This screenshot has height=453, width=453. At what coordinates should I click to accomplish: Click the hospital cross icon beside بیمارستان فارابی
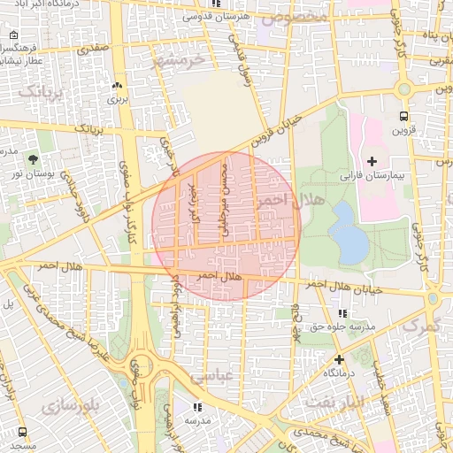coord(372,160)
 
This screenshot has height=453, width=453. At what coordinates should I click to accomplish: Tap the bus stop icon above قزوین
coord(404,116)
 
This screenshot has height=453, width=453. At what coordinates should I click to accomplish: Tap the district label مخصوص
coord(301,17)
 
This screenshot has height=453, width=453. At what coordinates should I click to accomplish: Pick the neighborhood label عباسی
coord(211,374)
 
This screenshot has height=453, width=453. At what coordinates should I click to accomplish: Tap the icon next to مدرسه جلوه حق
coord(342,314)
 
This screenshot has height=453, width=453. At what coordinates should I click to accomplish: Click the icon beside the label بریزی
coord(117,86)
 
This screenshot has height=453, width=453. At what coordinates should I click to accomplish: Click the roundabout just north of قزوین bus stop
coord(405,88)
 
